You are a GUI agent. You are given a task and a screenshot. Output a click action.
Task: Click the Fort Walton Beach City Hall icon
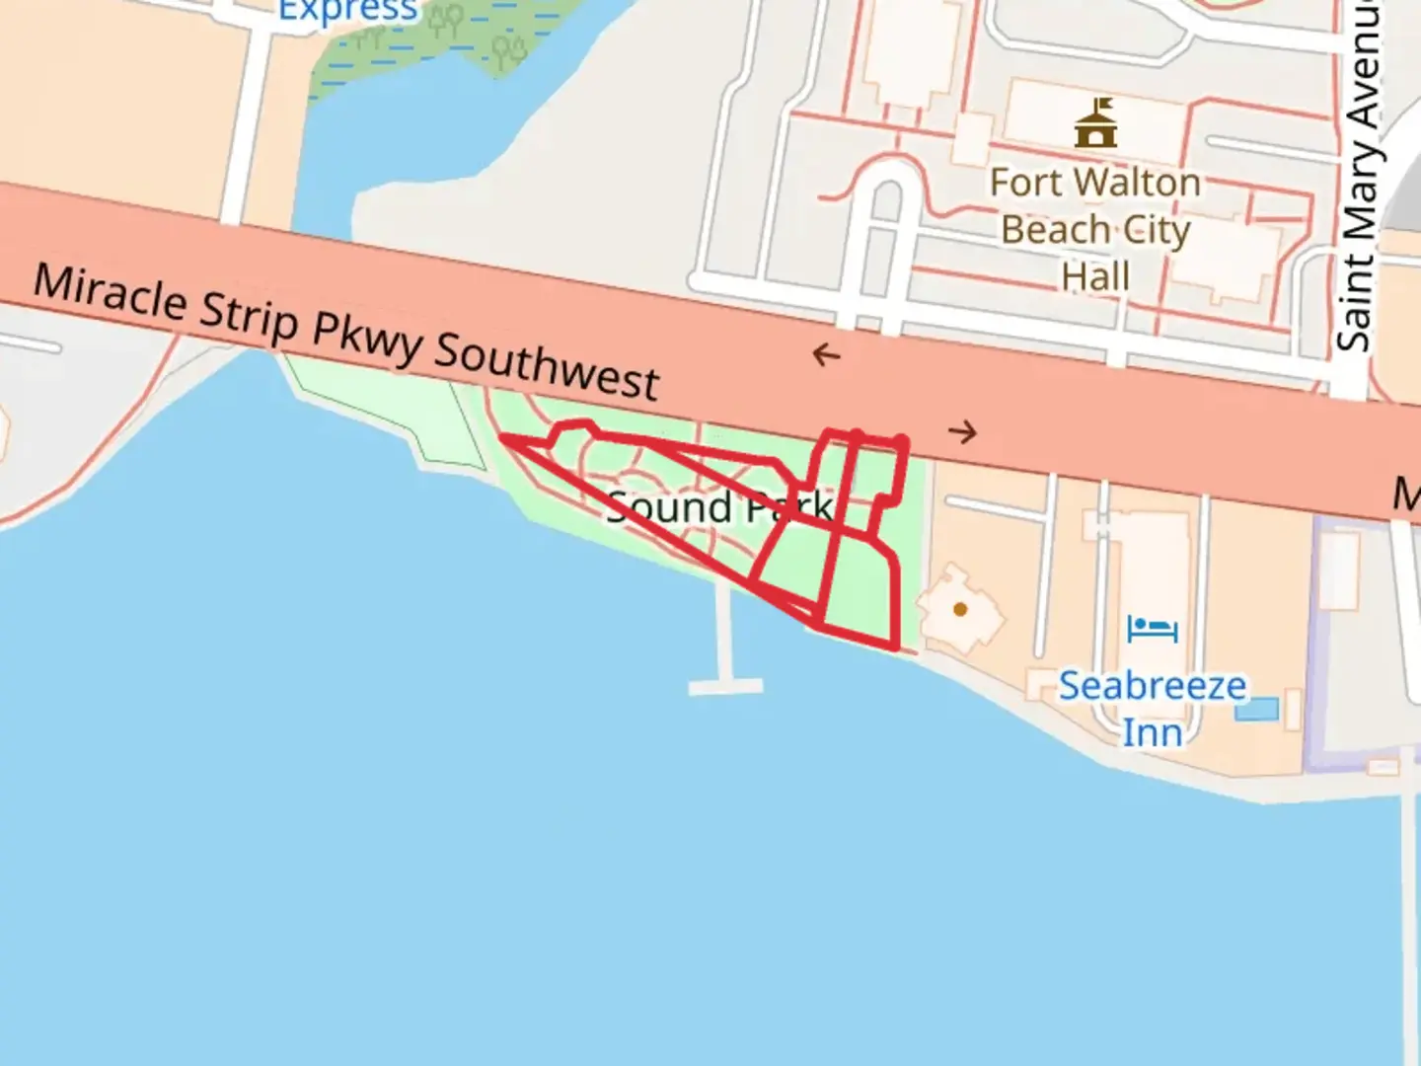coord(1095,122)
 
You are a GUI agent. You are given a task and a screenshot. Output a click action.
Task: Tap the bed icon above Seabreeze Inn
coord(1153,629)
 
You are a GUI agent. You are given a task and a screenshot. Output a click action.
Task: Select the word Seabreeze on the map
coord(1152,685)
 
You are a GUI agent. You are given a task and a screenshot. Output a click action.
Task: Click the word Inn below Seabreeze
coord(1152,732)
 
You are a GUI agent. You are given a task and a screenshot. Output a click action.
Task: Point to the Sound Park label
coord(718,507)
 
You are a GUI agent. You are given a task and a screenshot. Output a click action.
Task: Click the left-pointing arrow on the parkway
coord(826,354)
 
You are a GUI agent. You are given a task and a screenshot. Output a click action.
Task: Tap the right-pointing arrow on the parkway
coord(962,431)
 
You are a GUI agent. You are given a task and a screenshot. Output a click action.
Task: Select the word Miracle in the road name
coord(110,292)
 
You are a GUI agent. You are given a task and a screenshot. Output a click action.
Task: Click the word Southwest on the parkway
coord(547,365)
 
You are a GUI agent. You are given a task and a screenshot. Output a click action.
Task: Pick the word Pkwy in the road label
coord(368,337)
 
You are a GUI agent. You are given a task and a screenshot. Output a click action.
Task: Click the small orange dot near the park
coord(960,609)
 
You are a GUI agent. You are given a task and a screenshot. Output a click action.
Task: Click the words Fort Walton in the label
coord(1095,183)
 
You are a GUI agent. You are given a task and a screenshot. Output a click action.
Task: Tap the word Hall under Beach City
coord(1095,276)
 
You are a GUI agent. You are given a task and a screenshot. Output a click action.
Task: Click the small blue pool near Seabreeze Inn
coord(1257,709)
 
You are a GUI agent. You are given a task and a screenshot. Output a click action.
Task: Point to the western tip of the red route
coord(502,436)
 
